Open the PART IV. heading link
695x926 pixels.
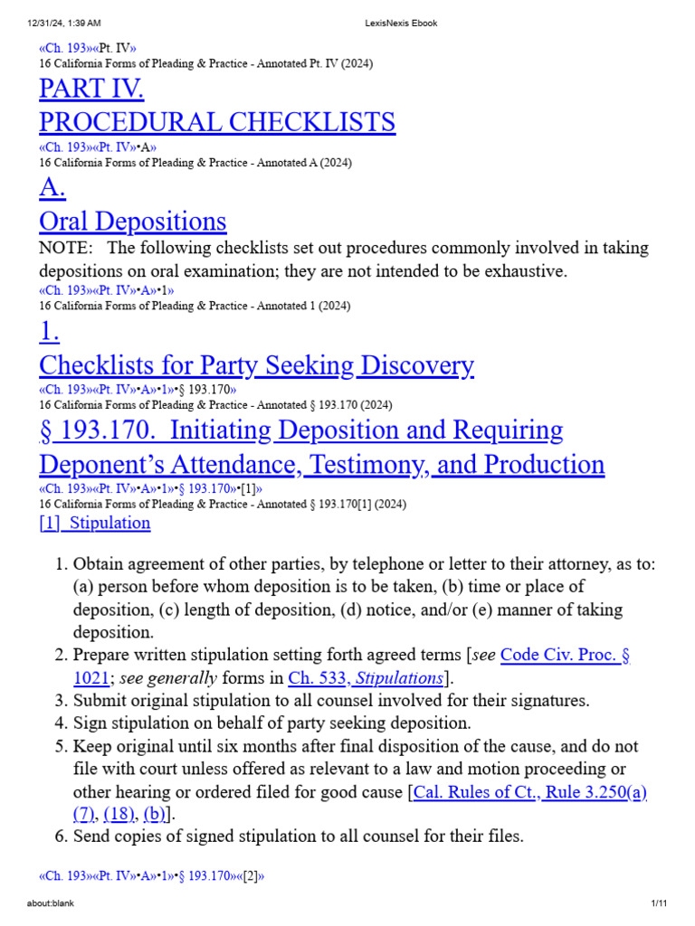91,89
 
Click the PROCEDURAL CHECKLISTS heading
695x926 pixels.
217,122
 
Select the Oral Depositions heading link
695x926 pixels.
133,222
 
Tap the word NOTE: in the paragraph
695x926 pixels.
65,248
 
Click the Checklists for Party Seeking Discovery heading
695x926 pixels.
256,365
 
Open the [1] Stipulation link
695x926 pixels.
95,523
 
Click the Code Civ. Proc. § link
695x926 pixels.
565,654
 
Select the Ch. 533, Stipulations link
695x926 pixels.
366,677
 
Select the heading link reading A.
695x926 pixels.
52,188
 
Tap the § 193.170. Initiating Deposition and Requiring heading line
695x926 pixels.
301,430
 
